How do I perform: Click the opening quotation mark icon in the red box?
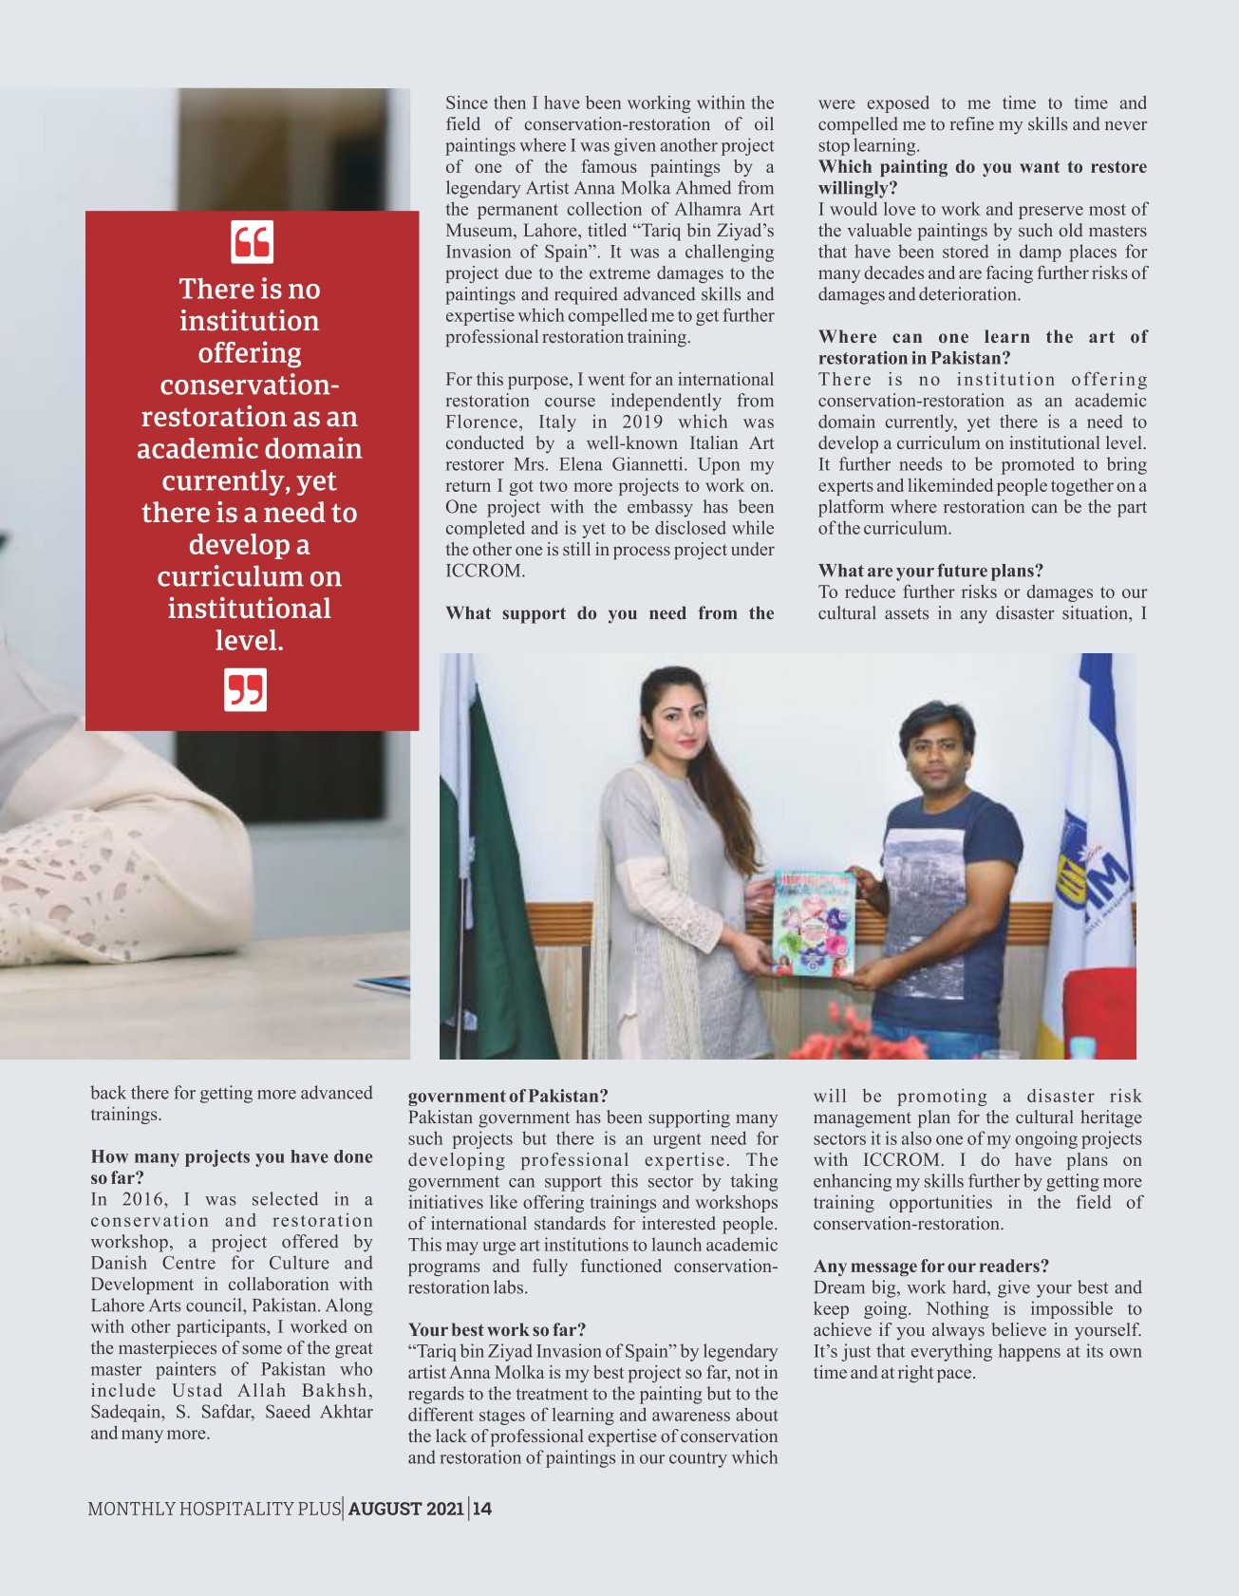pyautogui.click(x=252, y=241)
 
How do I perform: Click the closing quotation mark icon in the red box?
pyautogui.click(x=245, y=689)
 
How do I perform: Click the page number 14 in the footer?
pyautogui.click(x=482, y=1509)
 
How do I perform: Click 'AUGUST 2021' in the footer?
pyautogui.click(x=406, y=1509)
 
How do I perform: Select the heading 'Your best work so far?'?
pyautogui.click(x=497, y=1329)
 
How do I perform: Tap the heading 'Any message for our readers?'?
pyautogui.click(x=930, y=1266)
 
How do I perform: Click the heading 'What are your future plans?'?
pyautogui.click(x=930, y=571)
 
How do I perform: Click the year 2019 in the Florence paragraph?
pyautogui.click(x=643, y=422)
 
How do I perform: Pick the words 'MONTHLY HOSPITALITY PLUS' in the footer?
pyautogui.click(x=214, y=1509)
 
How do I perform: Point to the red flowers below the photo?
pyautogui.click(x=854, y=1042)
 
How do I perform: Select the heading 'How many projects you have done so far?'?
pyautogui.click(x=231, y=1167)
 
